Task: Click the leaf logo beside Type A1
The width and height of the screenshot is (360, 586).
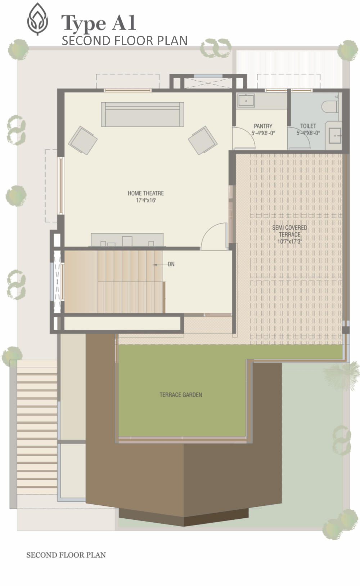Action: click(x=37, y=19)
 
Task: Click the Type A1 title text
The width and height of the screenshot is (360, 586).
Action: click(x=99, y=23)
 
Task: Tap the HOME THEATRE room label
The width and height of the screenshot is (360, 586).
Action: click(x=146, y=193)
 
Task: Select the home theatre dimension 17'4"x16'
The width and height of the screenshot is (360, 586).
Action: click(x=146, y=200)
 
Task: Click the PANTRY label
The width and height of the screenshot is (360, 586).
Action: click(x=263, y=126)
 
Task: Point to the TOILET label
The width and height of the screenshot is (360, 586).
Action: click(x=308, y=126)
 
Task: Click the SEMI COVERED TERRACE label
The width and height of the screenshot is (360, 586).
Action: click(x=290, y=231)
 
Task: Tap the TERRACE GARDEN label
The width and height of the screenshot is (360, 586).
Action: click(x=181, y=395)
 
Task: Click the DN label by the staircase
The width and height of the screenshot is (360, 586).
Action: click(x=171, y=264)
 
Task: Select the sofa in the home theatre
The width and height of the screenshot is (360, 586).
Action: click(x=143, y=114)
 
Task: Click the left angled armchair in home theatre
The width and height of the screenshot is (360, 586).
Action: click(x=83, y=140)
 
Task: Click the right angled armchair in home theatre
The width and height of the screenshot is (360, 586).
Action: click(x=203, y=140)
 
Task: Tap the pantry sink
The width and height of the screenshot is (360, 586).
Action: click(x=246, y=101)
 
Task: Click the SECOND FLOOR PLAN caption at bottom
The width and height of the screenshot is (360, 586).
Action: click(x=66, y=555)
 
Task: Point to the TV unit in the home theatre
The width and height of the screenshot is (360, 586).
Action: click(x=127, y=240)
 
